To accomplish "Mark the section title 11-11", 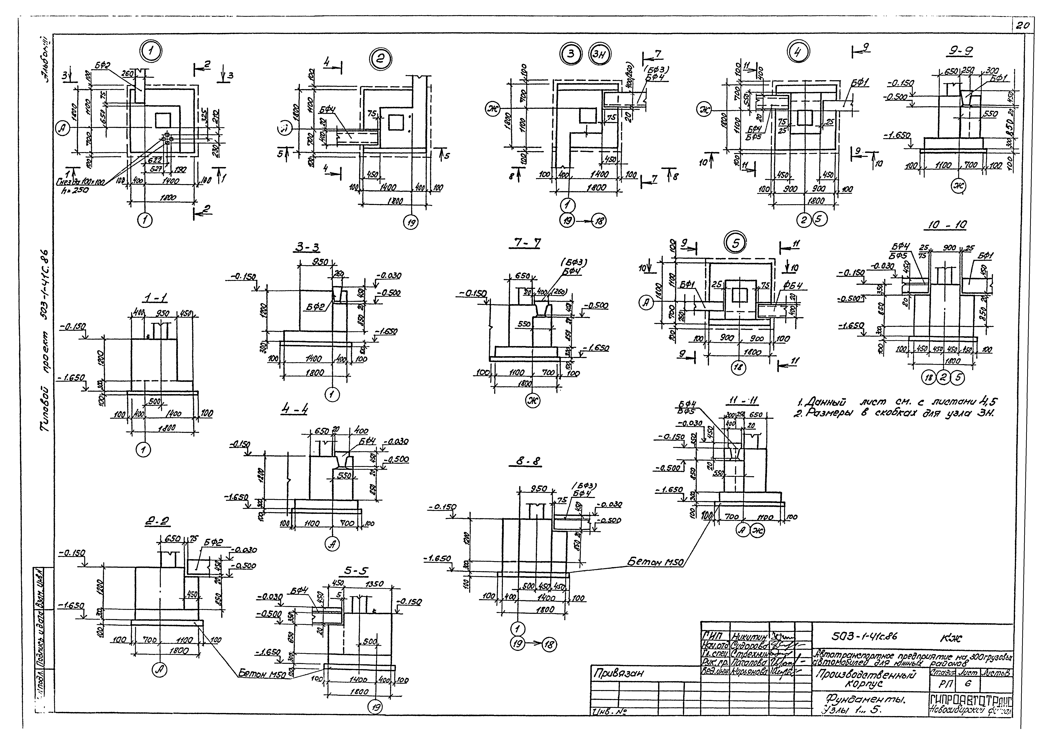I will (x=742, y=401).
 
